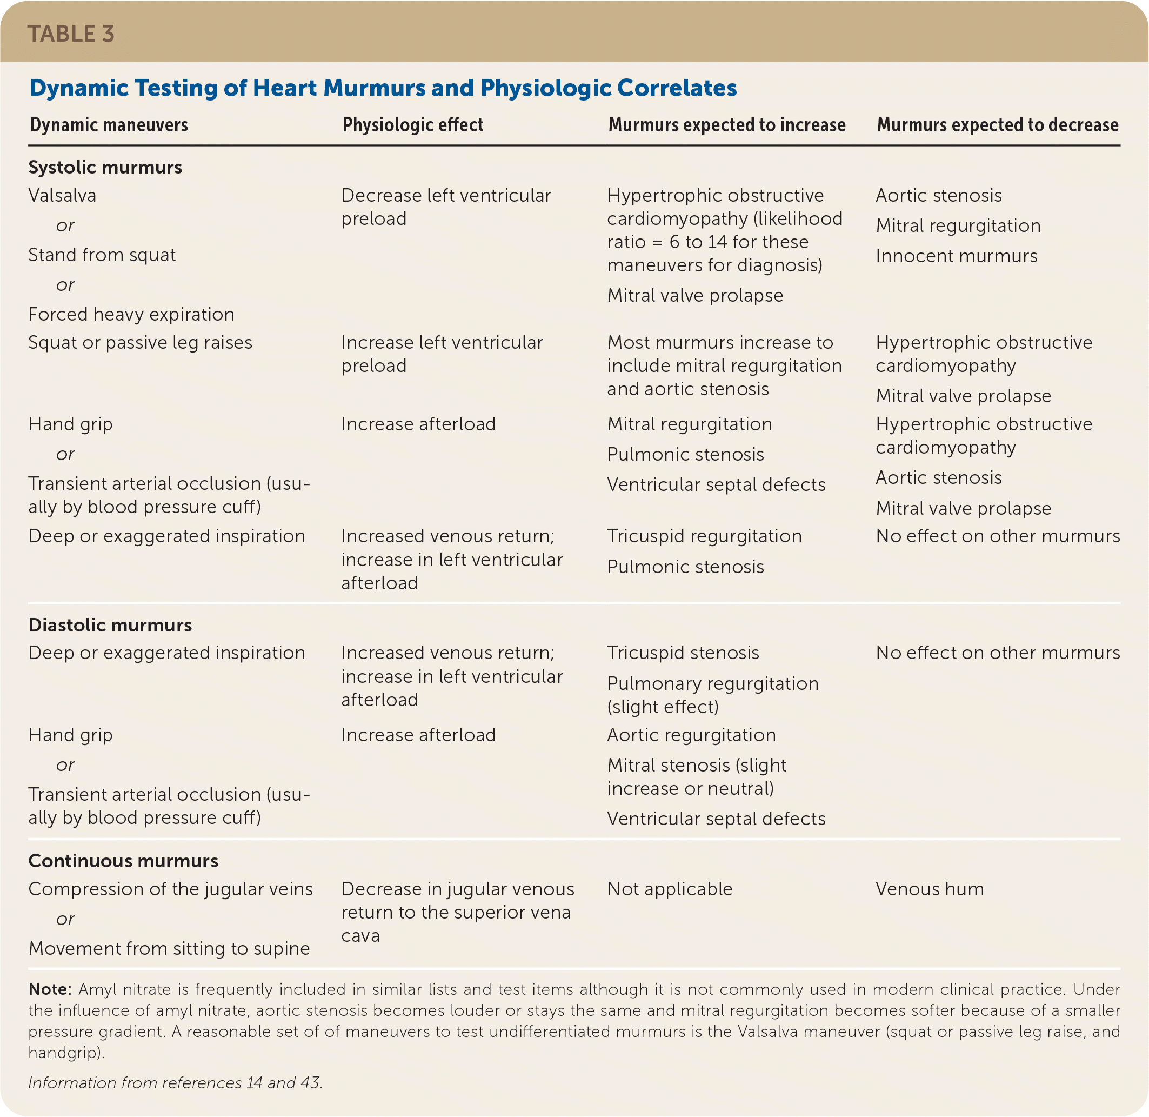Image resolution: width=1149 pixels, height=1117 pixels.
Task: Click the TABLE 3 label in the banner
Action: coord(70,34)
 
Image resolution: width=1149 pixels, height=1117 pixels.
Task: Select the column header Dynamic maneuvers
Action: coord(109,125)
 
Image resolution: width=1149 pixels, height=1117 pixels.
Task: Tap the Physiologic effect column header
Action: coord(413,125)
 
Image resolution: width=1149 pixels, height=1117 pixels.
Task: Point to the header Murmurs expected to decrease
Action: coord(997,125)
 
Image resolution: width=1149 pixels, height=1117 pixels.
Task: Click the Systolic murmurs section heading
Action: coord(105,167)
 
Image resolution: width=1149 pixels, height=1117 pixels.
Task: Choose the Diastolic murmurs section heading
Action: coord(110,625)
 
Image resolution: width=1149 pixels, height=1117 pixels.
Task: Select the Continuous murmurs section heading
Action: coord(123,861)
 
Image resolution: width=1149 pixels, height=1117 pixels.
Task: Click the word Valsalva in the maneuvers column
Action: coord(62,195)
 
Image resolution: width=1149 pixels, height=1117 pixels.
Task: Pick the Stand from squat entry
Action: coord(102,255)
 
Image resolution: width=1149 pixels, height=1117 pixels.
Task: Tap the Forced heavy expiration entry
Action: coord(131,315)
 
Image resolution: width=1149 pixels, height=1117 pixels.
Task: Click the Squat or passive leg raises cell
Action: coord(140,343)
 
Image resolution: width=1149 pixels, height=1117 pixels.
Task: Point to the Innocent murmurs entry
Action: coord(956,256)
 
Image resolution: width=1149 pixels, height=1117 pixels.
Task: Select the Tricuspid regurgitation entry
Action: coord(704,536)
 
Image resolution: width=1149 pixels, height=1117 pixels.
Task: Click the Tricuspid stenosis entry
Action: coord(683,653)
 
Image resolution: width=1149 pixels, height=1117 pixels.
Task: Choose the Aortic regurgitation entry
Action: coord(691,735)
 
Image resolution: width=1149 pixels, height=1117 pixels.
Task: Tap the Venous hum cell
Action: coord(929,889)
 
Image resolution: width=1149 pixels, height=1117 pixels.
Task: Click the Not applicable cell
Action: coord(669,889)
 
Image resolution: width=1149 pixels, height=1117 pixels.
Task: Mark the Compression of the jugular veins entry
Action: coord(170,889)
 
